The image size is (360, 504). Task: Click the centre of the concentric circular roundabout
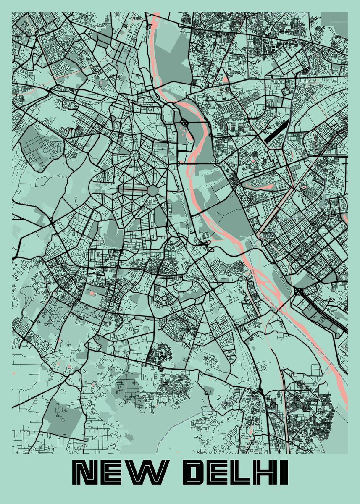coord(136,156)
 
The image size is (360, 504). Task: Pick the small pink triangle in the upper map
coord(225,79)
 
